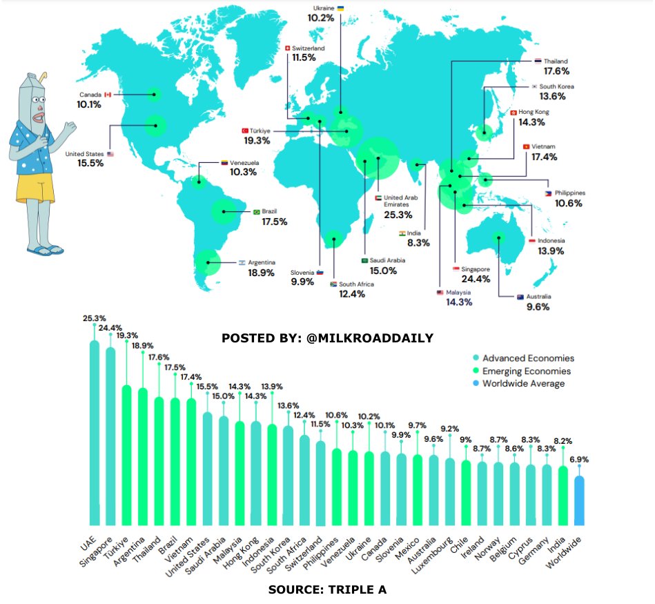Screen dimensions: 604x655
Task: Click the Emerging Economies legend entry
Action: point(522,371)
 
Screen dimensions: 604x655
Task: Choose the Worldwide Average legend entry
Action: point(522,384)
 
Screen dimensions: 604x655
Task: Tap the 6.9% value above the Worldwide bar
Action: point(579,459)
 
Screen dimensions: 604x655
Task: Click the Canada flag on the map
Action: point(108,94)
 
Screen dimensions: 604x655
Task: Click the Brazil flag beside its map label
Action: point(257,212)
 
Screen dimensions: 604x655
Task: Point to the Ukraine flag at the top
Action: point(340,7)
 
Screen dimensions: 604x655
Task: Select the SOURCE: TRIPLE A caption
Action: point(327,590)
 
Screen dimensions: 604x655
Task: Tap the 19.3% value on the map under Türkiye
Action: point(257,140)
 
